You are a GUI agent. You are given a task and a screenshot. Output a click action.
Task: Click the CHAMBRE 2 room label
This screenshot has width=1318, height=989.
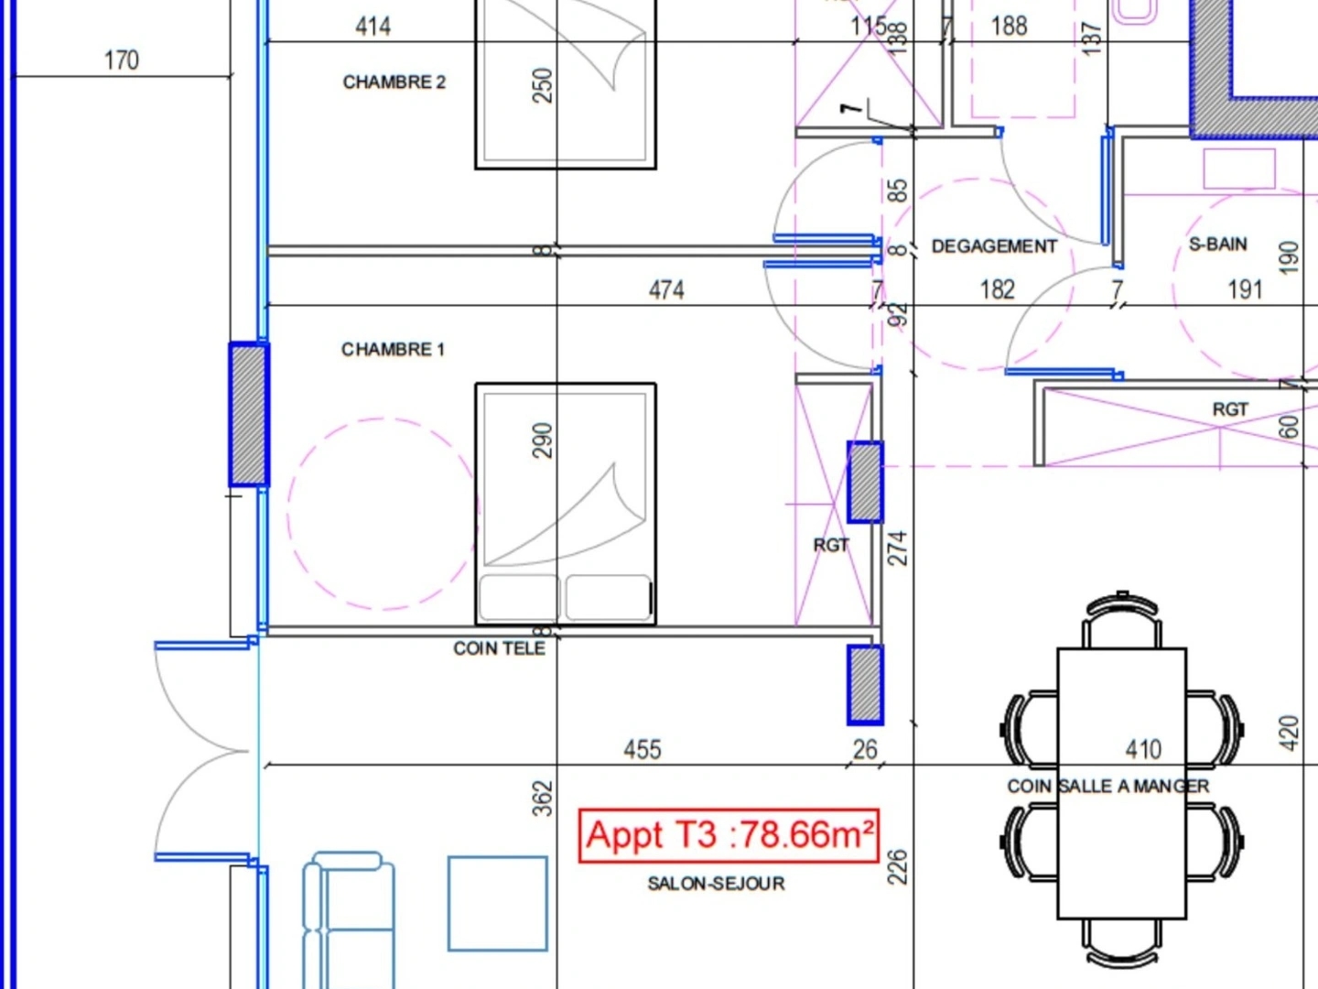tap(394, 82)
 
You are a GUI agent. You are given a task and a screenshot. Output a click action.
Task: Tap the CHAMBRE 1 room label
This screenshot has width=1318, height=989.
tap(393, 350)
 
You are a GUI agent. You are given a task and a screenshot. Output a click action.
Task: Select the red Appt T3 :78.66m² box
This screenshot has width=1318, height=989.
tap(729, 836)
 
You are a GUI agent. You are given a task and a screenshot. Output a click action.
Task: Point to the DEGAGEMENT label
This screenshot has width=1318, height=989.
tap(994, 246)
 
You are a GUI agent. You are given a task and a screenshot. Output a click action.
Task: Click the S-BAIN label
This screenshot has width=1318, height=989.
tap(1218, 245)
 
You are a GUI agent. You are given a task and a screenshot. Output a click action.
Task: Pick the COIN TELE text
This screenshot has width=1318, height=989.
tap(499, 648)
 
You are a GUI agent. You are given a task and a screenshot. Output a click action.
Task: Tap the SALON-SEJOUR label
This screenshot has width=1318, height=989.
tap(716, 884)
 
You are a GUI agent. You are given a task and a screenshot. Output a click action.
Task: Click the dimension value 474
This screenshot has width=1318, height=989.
tap(666, 290)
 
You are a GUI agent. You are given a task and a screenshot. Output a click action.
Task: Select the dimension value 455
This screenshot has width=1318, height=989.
tap(643, 750)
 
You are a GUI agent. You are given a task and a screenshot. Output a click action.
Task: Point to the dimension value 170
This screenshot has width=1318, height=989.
tap(122, 60)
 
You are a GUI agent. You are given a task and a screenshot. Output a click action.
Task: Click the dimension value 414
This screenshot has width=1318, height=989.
tap(373, 27)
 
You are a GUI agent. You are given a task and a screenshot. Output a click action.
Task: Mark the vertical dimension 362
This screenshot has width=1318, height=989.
tap(542, 799)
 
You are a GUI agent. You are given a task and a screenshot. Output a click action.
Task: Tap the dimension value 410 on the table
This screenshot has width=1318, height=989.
tap(1143, 750)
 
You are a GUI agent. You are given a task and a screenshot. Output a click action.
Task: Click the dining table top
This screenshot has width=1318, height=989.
tap(1121, 784)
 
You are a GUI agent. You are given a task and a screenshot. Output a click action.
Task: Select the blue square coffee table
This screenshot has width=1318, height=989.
tap(498, 904)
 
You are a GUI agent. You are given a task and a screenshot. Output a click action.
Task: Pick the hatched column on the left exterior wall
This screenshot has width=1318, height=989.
tap(249, 414)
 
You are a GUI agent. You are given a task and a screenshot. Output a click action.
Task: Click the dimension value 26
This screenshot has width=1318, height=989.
tap(865, 750)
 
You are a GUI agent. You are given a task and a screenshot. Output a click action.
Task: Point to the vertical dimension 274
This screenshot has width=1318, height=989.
tap(897, 549)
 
